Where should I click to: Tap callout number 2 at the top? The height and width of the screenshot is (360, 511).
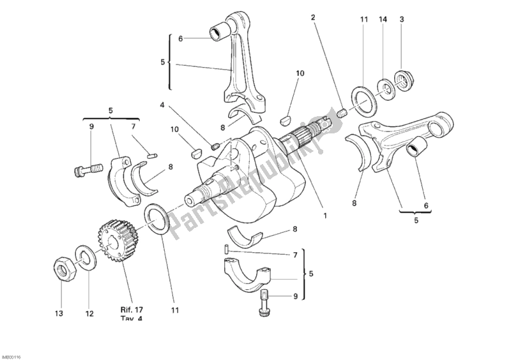point(313,17)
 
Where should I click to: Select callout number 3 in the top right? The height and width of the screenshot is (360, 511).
point(402,20)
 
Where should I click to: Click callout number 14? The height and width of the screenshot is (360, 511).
point(383,20)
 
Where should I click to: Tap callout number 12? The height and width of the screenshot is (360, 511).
point(89,313)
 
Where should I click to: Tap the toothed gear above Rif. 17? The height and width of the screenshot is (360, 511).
point(116,239)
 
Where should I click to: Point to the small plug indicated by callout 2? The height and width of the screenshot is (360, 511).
point(341,114)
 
